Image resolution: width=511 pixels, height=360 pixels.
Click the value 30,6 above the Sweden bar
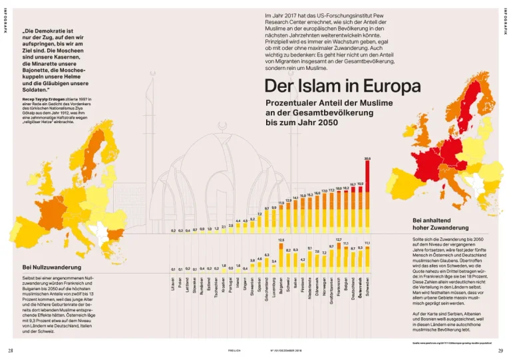tap(367, 159)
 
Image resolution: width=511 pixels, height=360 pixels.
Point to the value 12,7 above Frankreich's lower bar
tap(339, 239)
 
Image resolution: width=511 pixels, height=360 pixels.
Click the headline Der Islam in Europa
tap(342, 86)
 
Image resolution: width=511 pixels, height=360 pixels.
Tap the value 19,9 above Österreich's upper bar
tap(360, 184)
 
